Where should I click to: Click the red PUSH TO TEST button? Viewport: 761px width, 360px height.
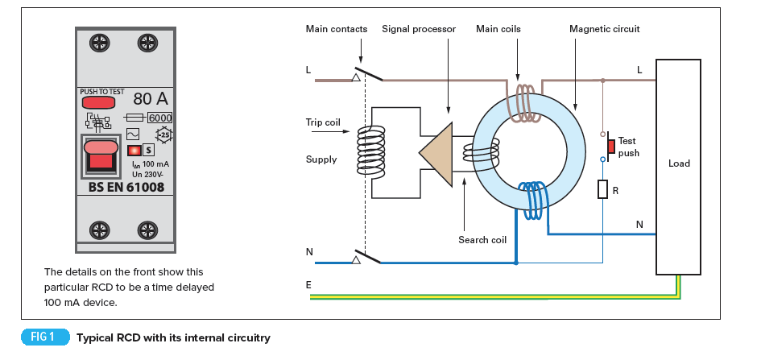tap(97, 103)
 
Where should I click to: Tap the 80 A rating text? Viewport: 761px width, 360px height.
tap(151, 100)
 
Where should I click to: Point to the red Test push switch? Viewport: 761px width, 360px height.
tap(611, 146)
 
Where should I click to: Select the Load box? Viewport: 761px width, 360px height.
tap(679, 164)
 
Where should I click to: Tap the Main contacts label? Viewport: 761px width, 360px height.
tap(336, 29)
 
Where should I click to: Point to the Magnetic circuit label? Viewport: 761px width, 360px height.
tap(604, 29)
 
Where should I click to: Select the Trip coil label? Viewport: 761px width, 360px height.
tap(323, 122)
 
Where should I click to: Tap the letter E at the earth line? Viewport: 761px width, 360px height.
tap(308, 284)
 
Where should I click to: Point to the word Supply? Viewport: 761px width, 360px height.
tap(321, 159)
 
